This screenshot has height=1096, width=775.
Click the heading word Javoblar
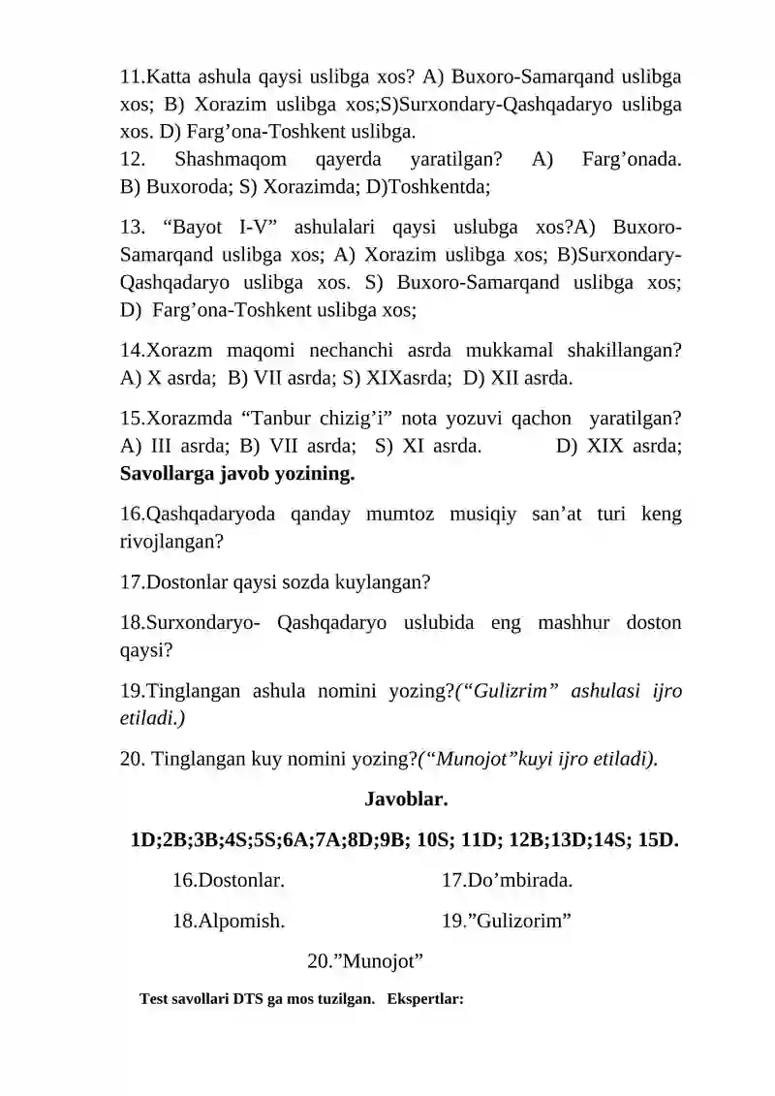click(405, 799)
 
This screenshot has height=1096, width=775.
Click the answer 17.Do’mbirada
click(507, 880)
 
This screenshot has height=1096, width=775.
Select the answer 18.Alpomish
click(228, 921)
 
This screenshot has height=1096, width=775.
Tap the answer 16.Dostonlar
click(228, 880)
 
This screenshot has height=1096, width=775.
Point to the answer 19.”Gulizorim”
click(506, 921)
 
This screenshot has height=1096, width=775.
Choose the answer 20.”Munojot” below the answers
click(365, 961)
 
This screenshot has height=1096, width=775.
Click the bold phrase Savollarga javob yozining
click(237, 475)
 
